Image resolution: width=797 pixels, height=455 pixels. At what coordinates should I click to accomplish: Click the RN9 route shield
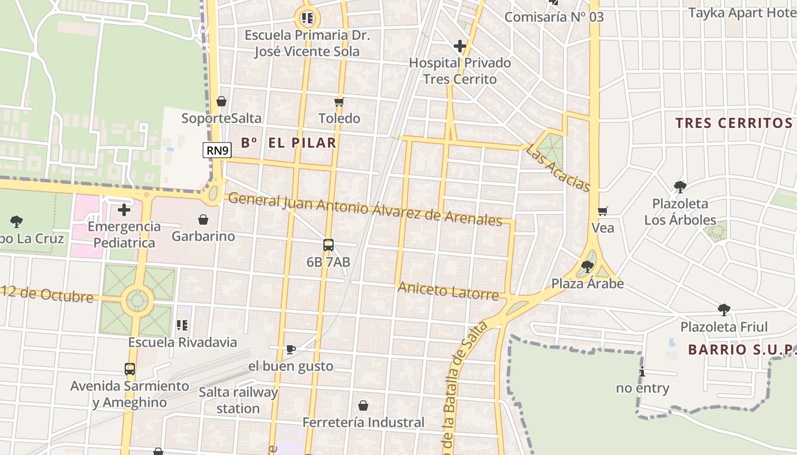pyautogui.click(x=217, y=150)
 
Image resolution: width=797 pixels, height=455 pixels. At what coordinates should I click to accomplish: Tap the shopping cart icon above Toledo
pyautogui.click(x=339, y=102)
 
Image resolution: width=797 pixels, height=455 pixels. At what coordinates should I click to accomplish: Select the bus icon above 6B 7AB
pyautogui.click(x=328, y=245)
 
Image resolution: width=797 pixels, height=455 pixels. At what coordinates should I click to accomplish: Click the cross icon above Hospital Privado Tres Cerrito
pyautogui.click(x=460, y=46)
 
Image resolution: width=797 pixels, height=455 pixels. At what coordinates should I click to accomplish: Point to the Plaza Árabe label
pyautogui.click(x=588, y=283)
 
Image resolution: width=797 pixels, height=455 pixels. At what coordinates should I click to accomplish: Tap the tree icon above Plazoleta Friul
pyautogui.click(x=724, y=310)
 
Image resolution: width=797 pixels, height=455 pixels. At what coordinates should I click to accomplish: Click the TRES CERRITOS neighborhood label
pyautogui.click(x=734, y=123)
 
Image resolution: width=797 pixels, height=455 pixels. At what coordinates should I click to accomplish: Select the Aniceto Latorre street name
pyautogui.click(x=448, y=291)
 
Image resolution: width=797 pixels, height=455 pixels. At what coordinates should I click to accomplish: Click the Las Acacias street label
pyautogui.click(x=558, y=167)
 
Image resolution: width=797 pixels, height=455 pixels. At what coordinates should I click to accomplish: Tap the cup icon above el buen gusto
pyautogui.click(x=291, y=349)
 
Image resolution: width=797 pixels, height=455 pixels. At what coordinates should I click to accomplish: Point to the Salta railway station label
pyautogui.click(x=239, y=400)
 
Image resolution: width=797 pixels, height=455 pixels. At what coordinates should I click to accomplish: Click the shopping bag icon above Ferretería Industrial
pyautogui.click(x=363, y=406)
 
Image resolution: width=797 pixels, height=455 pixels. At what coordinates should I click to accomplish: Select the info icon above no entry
pyautogui.click(x=643, y=371)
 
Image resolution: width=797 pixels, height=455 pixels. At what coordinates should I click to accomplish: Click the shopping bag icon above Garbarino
pyautogui.click(x=203, y=220)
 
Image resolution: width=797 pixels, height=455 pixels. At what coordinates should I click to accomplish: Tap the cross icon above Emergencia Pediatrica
pyautogui.click(x=124, y=210)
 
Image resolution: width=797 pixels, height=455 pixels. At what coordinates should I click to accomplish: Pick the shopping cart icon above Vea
pyautogui.click(x=603, y=212)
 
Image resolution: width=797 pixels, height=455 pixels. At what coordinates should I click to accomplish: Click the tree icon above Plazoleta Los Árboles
pyautogui.click(x=680, y=187)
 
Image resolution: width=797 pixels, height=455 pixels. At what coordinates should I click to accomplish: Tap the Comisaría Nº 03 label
pyautogui.click(x=554, y=17)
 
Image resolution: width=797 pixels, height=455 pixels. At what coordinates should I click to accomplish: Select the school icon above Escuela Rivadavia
pyautogui.click(x=182, y=325)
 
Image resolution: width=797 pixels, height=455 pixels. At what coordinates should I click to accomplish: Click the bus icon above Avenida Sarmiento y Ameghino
pyautogui.click(x=130, y=369)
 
